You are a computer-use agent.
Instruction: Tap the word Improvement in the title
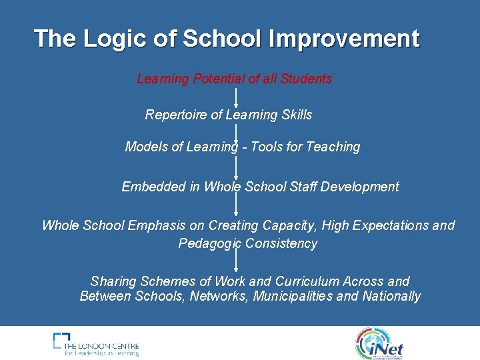pyautogui.click(x=344, y=39)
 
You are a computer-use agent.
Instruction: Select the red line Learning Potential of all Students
pyautogui.click(x=234, y=79)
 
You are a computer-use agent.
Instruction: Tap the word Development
pyautogui.click(x=360, y=187)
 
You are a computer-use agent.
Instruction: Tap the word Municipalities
pyautogui.click(x=293, y=296)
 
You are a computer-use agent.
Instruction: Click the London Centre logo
pyautogui.click(x=96, y=344)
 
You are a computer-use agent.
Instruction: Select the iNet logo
pyautogui.click(x=379, y=343)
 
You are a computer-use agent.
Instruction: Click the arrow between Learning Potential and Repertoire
pyautogui.click(x=236, y=97)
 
